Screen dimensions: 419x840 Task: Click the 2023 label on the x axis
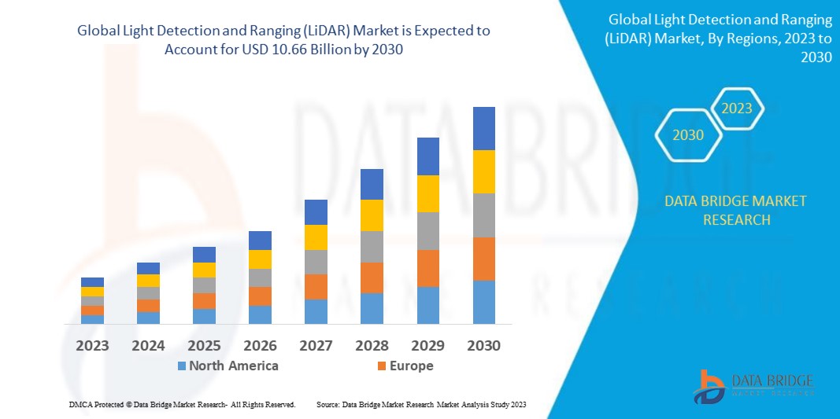pos(92,345)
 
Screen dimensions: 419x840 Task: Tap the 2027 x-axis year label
pos(316,345)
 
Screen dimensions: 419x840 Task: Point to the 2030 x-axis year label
pos(483,345)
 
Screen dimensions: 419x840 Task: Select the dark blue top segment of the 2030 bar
pos(483,128)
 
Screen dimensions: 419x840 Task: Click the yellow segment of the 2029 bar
pos(427,193)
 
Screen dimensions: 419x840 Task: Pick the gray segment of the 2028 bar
pos(372,246)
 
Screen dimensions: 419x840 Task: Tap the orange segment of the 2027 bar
pos(316,286)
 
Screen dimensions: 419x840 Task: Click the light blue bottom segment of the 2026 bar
pos(260,314)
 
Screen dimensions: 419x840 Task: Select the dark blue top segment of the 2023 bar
pos(92,282)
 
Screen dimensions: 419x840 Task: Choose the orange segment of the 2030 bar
pos(483,259)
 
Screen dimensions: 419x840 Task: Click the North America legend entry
pos(228,366)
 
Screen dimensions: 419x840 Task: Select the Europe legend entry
pos(405,366)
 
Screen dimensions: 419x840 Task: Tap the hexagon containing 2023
pos(737,108)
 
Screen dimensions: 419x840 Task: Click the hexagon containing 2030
pos(688,135)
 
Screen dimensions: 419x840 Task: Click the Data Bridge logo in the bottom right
pos(753,385)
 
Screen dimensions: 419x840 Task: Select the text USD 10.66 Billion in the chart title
pos(315,49)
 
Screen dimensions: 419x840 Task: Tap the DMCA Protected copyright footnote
pos(182,404)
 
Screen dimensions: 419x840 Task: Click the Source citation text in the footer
pos(420,404)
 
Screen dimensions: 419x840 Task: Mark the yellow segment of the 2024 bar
pos(148,281)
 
